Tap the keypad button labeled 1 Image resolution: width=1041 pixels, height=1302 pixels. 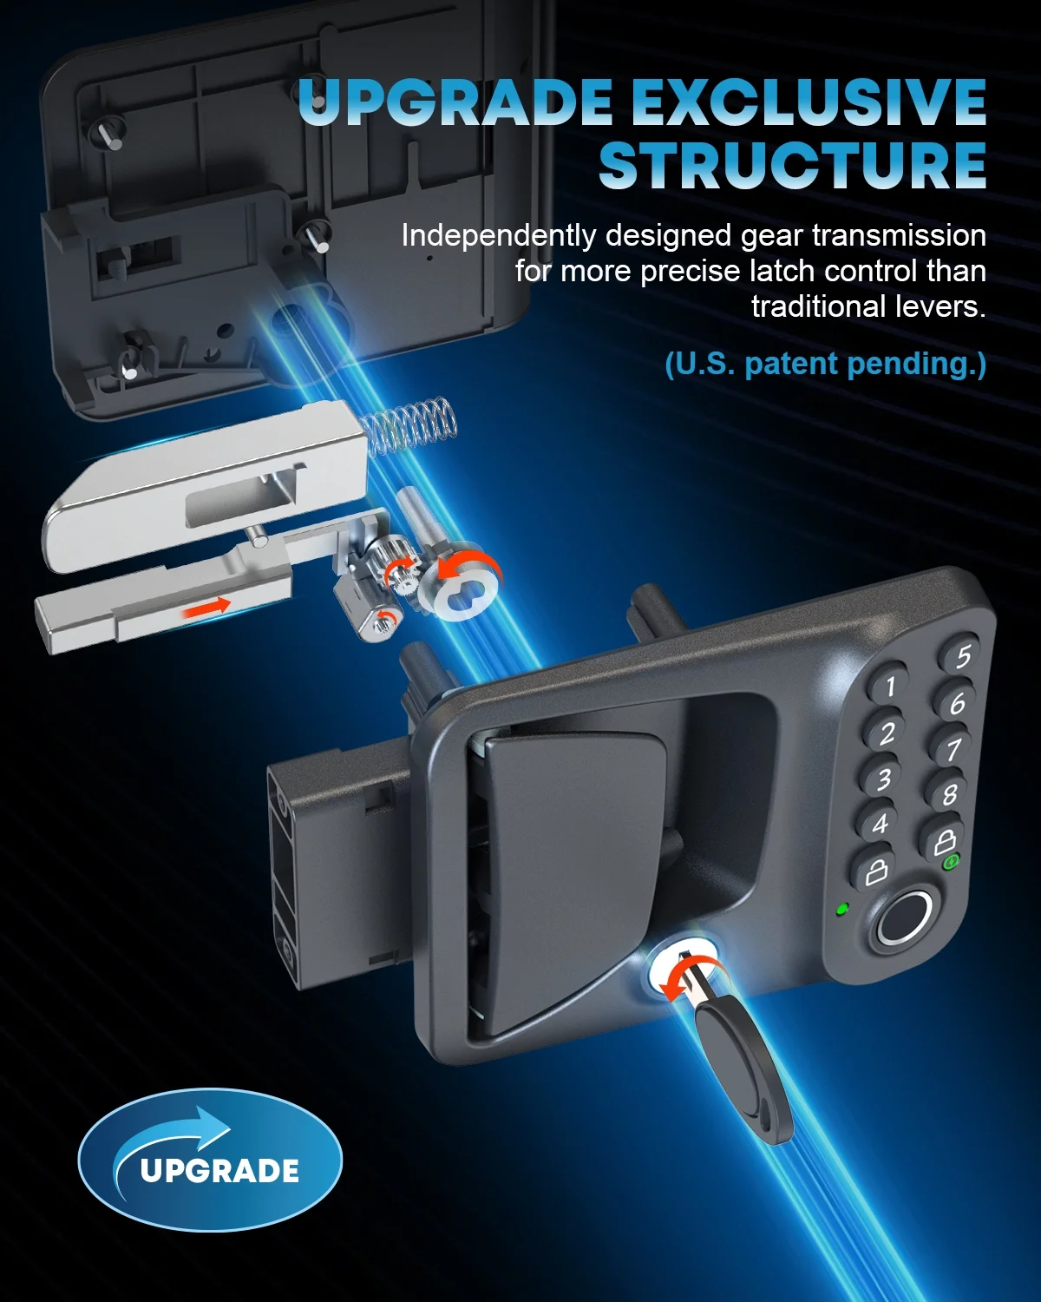coord(888,686)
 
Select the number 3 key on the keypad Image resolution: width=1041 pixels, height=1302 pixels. coord(881,778)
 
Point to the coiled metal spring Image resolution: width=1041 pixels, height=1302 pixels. coord(407,425)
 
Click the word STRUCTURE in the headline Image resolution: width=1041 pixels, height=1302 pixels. coord(792,165)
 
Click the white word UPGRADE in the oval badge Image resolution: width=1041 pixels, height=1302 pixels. coord(219,1171)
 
